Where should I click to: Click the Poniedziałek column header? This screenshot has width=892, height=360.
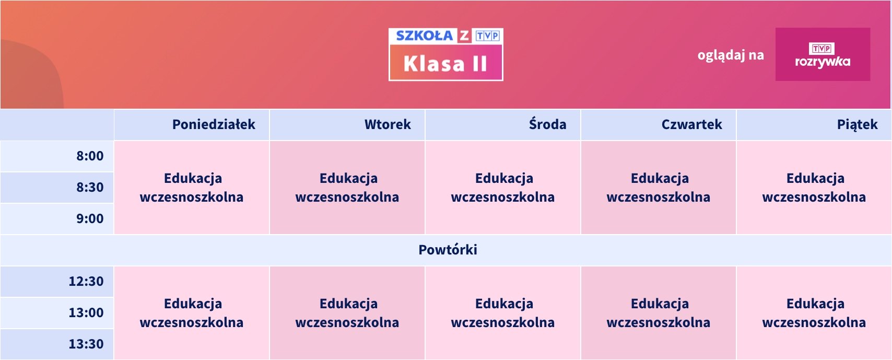point(214,125)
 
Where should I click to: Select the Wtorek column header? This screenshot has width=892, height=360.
point(388,125)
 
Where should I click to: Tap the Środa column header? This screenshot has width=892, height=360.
point(547,124)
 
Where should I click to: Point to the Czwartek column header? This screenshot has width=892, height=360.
point(691,125)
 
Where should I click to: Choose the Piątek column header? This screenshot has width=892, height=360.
point(857,125)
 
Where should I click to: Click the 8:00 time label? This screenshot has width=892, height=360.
point(90,156)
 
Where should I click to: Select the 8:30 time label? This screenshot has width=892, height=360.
point(90,187)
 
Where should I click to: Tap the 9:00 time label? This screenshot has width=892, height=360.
point(90,218)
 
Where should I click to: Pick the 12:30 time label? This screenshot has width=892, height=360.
point(86,282)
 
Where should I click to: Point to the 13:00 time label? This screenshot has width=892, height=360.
point(86,312)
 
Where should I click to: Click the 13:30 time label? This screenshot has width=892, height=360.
point(86,344)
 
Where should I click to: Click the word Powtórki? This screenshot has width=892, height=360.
point(448,250)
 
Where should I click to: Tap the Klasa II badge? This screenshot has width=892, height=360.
point(445,63)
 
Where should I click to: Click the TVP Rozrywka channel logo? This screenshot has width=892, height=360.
point(823,54)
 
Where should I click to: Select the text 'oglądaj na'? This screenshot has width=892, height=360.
point(731,55)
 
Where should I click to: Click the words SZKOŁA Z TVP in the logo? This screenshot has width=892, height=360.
point(448,36)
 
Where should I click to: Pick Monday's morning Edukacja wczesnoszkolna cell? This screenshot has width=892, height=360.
point(192,188)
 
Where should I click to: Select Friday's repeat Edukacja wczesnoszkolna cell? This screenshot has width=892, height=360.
point(814,313)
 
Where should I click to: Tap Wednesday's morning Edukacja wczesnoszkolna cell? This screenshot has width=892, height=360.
point(502,188)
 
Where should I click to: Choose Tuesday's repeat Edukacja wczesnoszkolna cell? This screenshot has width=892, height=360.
point(347,313)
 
